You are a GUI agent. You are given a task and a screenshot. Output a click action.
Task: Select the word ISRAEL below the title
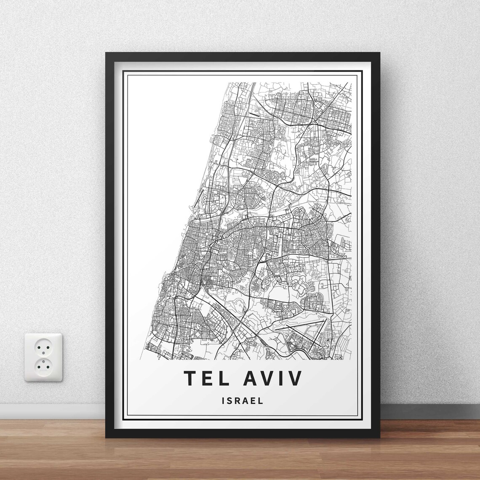pyautogui.click(x=242, y=400)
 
